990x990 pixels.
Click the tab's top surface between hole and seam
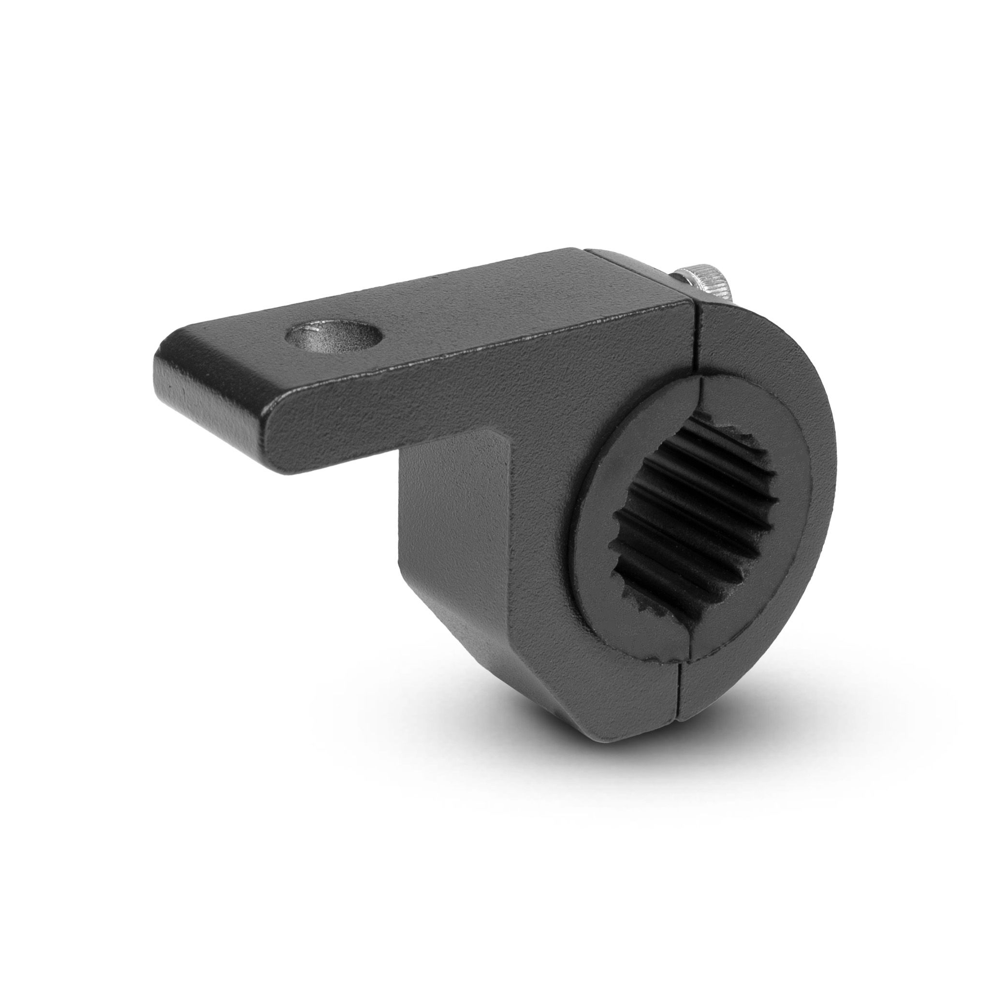(x=512, y=313)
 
